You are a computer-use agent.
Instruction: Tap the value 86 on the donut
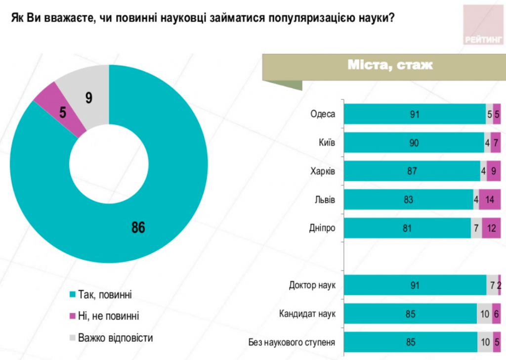pos(138,227)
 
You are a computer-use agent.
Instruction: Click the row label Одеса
pos(323,114)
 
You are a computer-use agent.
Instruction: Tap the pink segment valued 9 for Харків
pos(494,171)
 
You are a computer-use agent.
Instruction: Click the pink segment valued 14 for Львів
pos(490,200)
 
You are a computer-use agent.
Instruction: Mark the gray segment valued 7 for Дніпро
pos(476,228)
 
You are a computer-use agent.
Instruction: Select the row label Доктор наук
pos(312,285)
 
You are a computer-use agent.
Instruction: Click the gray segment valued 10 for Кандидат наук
pos(485,314)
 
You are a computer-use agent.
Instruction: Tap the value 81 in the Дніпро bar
pos(407,228)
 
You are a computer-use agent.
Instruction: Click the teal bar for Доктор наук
pos(415,285)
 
